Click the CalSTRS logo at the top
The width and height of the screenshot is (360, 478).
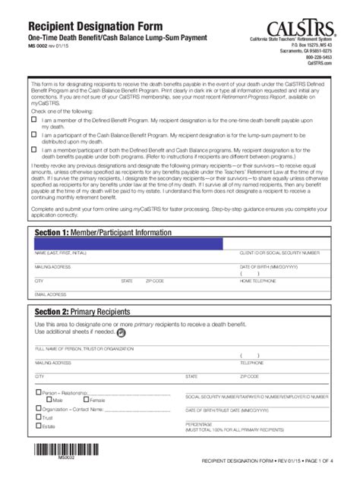[299, 18]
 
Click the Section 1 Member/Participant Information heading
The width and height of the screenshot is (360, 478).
[103, 231]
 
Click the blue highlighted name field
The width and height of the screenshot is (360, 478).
[128, 244]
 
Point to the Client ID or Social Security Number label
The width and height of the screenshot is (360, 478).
[282, 252]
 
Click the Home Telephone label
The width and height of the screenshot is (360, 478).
[257, 281]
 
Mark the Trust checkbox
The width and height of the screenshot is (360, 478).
[39, 417]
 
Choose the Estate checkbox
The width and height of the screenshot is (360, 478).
[39, 426]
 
